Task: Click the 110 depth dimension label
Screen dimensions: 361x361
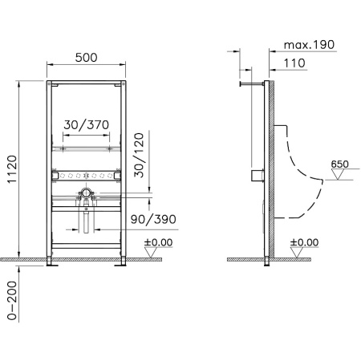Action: point(299,62)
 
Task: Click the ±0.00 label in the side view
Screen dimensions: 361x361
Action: point(304,241)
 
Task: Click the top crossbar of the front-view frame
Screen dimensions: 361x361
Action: point(87,82)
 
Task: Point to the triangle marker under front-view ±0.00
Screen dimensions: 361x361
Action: point(150,253)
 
